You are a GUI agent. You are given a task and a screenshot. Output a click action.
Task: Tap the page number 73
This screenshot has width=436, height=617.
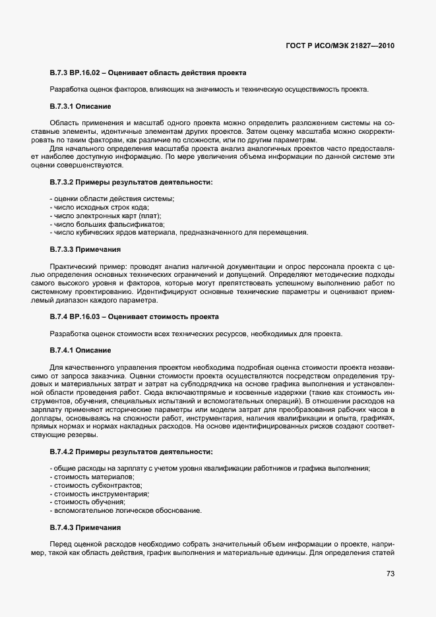coord(390,574)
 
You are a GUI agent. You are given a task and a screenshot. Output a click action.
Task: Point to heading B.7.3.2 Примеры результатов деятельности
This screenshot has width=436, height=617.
coord(131,181)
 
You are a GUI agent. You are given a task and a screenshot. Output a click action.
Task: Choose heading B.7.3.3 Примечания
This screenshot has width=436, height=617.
coord(84,249)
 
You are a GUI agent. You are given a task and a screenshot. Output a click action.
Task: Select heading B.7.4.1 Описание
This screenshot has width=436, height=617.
coord(80,349)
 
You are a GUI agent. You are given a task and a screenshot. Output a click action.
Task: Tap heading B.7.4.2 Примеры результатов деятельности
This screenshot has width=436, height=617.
coord(131,452)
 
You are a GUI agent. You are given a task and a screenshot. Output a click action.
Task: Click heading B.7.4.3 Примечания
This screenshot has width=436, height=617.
coord(84,528)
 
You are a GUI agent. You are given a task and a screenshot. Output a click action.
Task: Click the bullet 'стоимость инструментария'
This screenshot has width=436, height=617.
coord(99,494)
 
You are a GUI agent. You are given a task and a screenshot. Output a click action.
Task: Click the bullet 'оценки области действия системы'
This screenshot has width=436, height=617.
coord(111,199)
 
